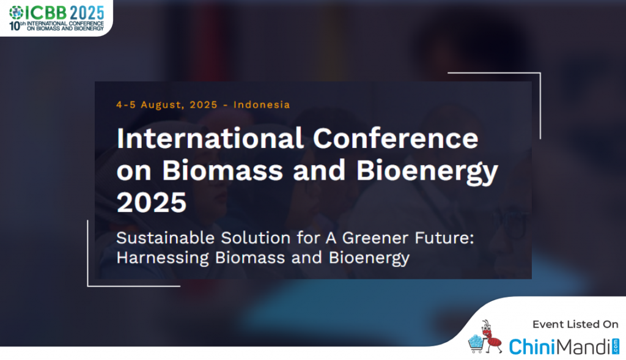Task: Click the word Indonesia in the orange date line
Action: (x=262, y=105)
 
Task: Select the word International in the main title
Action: (x=210, y=139)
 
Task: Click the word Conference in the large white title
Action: (x=396, y=139)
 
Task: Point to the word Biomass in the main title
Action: (x=223, y=171)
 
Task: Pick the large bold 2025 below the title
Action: (x=152, y=202)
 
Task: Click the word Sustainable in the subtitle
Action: (x=166, y=238)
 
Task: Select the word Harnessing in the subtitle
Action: (x=163, y=258)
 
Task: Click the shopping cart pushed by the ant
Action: (x=476, y=345)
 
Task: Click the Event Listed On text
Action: (x=575, y=324)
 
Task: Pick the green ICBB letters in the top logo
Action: (x=46, y=13)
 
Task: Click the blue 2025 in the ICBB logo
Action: (x=87, y=13)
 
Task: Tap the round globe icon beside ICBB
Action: (x=17, y=13)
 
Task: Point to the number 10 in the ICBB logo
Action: (x=15, y=26)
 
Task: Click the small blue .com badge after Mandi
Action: (x=616, y=347)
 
